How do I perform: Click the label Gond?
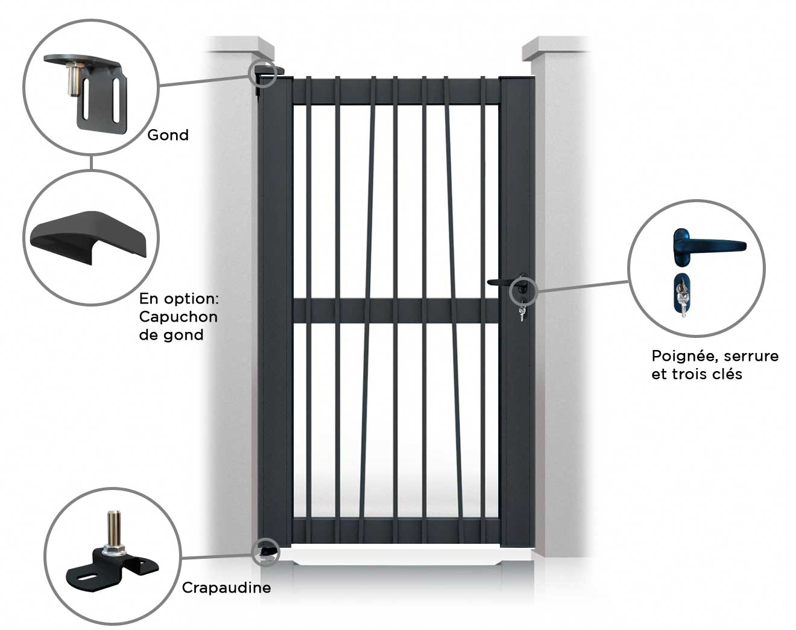click(168, 135)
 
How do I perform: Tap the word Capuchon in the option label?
click(178, 317)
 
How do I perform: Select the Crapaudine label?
click(226, 587)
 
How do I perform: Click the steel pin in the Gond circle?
click(73, 79)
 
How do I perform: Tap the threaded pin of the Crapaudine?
click(115, 527)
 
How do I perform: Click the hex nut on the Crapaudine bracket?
click(114, 550)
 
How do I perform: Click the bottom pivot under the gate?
click(267, 552)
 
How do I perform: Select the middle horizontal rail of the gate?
click(396, 311)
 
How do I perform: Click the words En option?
click(179, 299)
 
